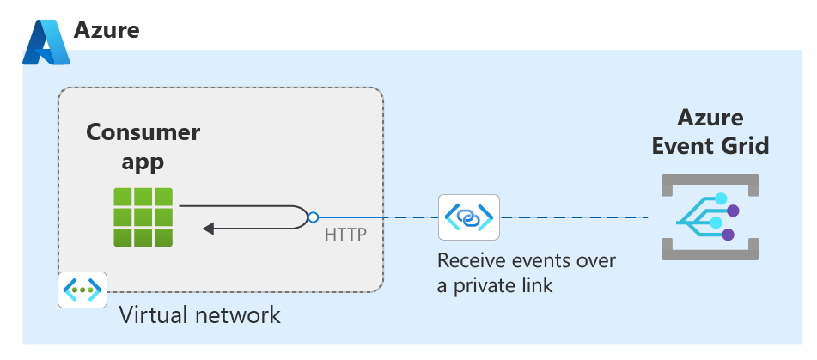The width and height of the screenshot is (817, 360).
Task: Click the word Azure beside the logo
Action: click(107, 31)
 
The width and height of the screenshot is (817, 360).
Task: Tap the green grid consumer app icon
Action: click(143, 217)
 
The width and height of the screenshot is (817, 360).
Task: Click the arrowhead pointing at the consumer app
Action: click(209, 229)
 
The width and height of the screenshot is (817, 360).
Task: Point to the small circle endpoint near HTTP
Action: click(314, 217)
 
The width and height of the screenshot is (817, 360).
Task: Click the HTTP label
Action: click(345, 235)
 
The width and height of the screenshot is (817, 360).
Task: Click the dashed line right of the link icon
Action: click(576, 217)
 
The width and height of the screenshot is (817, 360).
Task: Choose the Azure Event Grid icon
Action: click(709, 217)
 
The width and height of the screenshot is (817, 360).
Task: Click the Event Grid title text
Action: click(710, 146)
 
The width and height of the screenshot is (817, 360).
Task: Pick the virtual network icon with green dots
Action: click(82, 290)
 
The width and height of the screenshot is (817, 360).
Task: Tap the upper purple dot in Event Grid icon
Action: click(733, 210)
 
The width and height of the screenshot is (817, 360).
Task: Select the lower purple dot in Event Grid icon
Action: click(729, 234)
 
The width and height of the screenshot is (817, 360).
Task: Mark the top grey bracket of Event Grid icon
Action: click(709, 178)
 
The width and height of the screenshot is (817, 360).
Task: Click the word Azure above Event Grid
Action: click(710, 118)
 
